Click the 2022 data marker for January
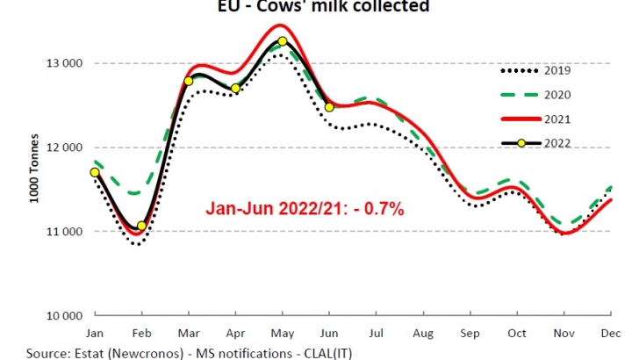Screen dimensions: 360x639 (x=95, y=172)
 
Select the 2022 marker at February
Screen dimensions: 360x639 (x=141, y=226)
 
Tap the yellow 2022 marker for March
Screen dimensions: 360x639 (x=189, y=81)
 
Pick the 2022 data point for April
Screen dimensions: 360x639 (x=235, y=89)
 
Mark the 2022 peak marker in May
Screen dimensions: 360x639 (x=282, y=41)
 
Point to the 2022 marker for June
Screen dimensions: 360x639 (x=329, y=107)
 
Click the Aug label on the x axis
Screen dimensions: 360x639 (x=423, y=334)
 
